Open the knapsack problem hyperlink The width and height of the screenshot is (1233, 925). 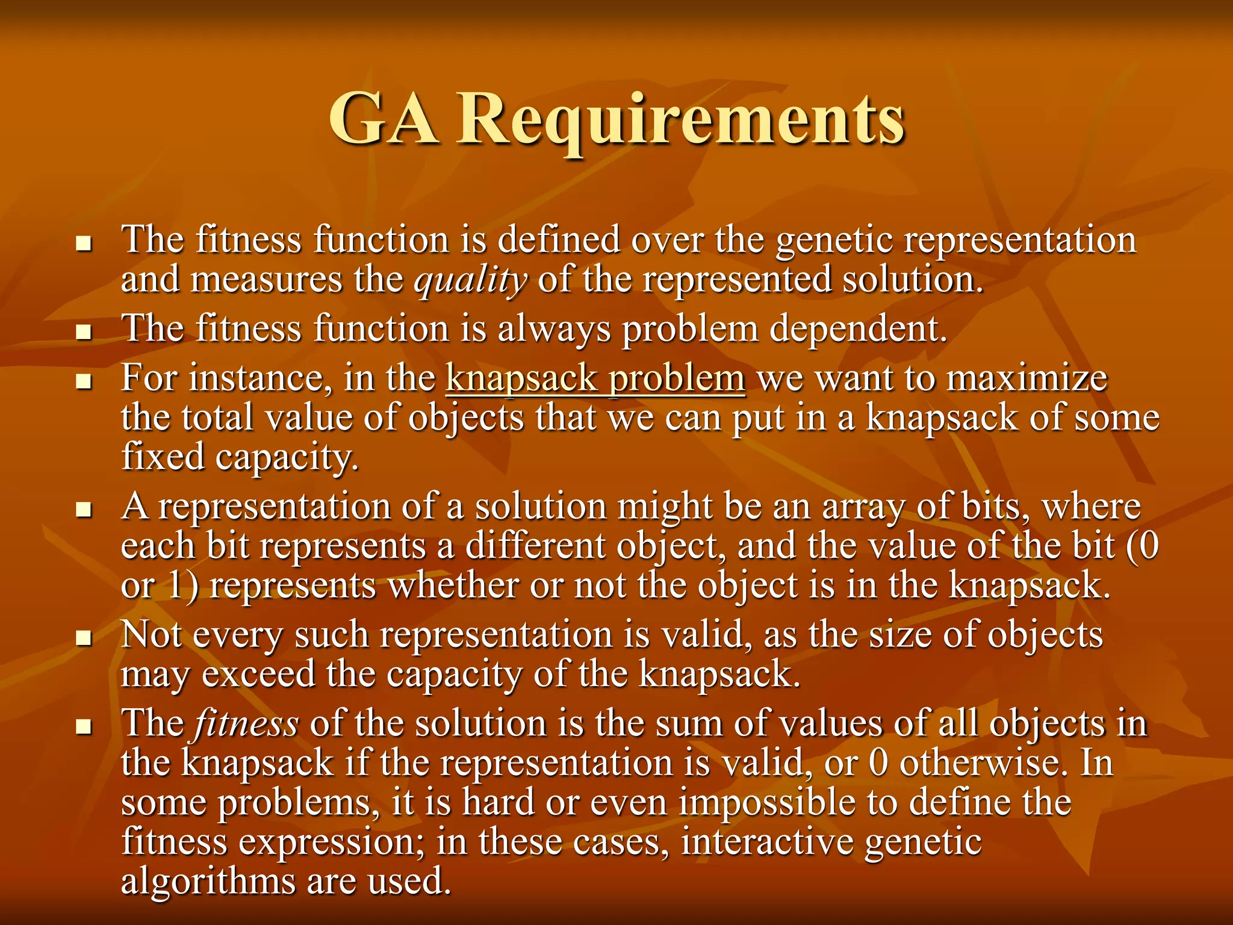(x=595, y=379)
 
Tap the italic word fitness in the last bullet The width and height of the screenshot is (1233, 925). (x=246, y=723)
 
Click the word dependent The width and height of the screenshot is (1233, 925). (x=857, y=329)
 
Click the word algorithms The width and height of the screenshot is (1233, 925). (x=208, y=882)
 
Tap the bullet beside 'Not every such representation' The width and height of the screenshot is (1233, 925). (x=84, y=638)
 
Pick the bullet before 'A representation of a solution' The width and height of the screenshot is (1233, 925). (x=84, y=510)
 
